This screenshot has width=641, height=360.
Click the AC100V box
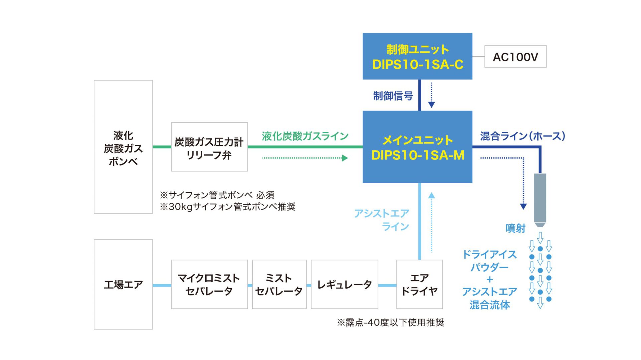pyautogui.click(x=515, y=57)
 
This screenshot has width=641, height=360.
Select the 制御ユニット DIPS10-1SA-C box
pyautogui.click(x=417, y=56)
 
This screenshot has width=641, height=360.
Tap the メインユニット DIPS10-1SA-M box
pyautogui.click(x=417, y=147)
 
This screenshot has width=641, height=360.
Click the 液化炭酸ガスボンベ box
pyautogui.click(x=123, y=147)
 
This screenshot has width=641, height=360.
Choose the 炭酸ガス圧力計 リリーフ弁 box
pyautogui.click(x=209, y=147)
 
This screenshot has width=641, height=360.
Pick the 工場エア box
pyautogui.click(x=123, y=284)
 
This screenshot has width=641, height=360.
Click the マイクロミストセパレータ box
pyautogui.click(x=209, y=284)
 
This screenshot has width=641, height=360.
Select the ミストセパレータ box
pyautogui.click(x=279, y=284)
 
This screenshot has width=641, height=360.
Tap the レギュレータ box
pyautogui.click(x=344, y=284)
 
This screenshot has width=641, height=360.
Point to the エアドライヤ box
pyautogui.click(x=419, y=284)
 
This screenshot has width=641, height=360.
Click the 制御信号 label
pyautogui.click(x=393, y=96)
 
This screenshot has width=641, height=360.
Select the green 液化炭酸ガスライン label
pyautogui.click(x=305, y=136)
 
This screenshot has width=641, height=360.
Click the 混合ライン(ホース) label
pyautogui.click(x=522, y=136)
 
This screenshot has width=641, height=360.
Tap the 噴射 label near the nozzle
pyautogui.click(x=515, y=229)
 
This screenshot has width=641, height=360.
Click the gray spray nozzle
pyautogui.click(x=540, y=199)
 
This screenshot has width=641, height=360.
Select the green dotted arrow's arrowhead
pyautogui.click(x=345, y=158)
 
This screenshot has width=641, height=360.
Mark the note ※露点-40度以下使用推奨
pyautogui.click(x=390, y=323)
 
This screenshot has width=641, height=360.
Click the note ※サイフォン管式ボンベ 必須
pyautogui.click(x=217, y=195)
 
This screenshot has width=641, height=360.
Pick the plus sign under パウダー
pyautogui.click(x=489, y=280)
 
